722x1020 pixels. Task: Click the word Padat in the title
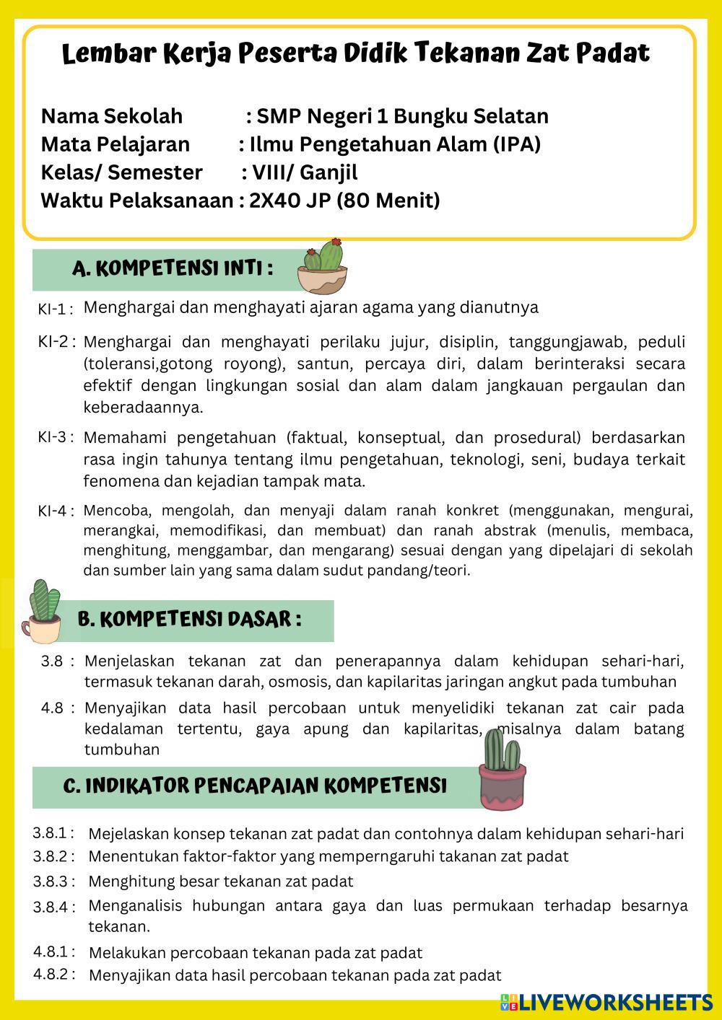point(612,53)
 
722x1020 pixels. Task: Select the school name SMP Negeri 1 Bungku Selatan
point(402,116)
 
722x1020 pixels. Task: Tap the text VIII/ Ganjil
point(303,172)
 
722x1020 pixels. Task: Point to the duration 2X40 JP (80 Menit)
point(344,201)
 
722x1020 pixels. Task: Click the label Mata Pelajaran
point(115,144)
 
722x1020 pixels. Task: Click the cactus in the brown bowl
point(323,267)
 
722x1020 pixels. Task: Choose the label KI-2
point(55,341)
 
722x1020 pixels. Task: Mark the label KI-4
point(55,511)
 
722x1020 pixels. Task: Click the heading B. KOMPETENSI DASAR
point(189,620)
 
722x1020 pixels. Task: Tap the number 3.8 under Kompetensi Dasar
point(53,661)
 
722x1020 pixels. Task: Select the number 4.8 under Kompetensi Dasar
point(53,708)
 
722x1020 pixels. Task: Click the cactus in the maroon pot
point(502,770)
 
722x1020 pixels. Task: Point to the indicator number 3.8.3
point(52,881)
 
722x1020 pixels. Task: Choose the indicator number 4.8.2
point(52,975)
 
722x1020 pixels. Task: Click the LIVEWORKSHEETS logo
point(606,1002)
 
